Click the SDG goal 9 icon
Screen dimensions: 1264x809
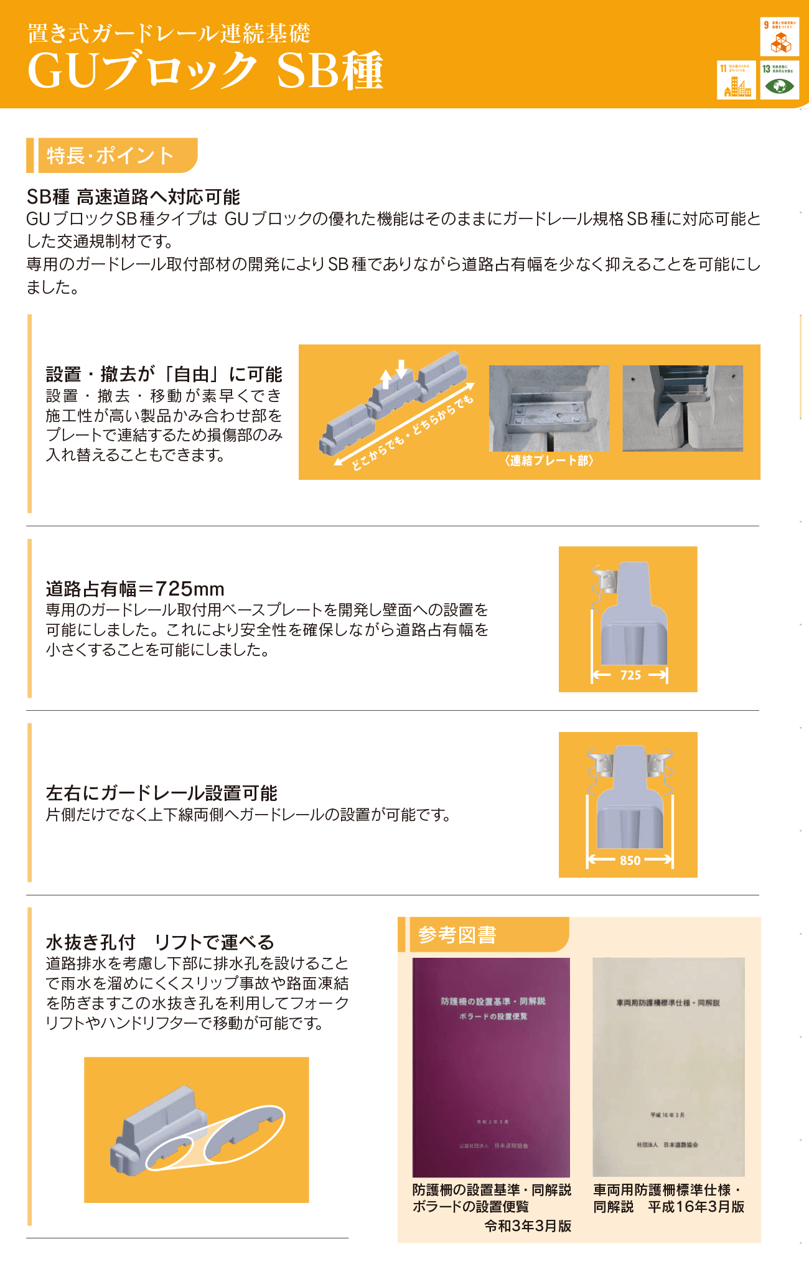coord(779,37)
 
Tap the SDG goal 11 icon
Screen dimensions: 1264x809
coord(737,80)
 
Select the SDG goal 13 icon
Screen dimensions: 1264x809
coord(779,80)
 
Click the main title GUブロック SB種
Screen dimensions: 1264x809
coord(205,70)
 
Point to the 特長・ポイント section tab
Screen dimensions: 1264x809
coord(112,156)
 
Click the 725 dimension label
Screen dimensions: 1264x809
coord(630,675)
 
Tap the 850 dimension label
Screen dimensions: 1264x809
coord(630,861)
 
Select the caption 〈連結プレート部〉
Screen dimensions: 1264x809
coord(549,461)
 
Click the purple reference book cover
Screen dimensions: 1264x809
coord(491,1067)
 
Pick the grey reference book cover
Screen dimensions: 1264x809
coord(668,1067)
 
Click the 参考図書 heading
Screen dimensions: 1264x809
coord(457,935)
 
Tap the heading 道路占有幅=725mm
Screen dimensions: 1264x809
coord(135,589)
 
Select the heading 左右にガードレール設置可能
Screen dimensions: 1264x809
coord(162,793)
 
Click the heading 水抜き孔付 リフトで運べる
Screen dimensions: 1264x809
coord(160,942)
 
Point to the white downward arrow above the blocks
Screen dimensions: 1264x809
coord(401,368)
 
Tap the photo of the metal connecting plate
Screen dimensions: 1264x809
coord(548,408)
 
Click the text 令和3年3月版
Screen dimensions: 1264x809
coord(528,1226)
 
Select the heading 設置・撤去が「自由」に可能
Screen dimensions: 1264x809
coord(164,375)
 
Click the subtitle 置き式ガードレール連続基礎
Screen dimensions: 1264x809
coord(169,33)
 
